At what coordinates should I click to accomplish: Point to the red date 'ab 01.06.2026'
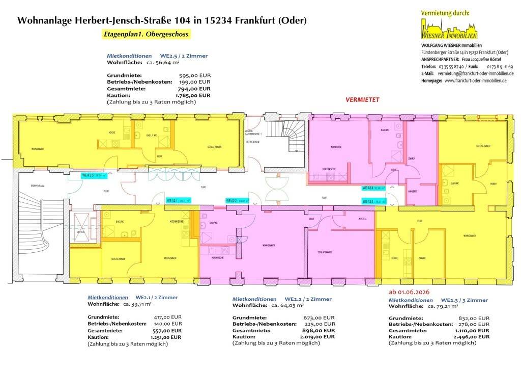coord(409,293)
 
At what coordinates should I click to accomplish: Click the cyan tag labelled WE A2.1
coord(179,201)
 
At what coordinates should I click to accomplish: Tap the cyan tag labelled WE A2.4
coord(373,188)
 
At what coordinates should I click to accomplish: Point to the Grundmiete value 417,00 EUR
coord(167,317)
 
